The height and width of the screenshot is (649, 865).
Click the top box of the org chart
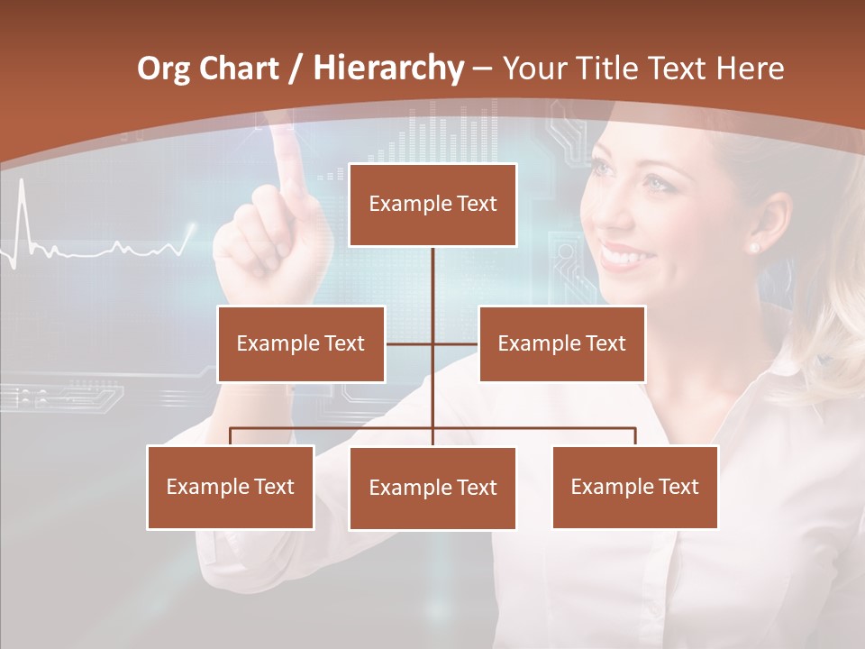[x=432, y=205]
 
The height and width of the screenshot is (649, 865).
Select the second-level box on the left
[x=301, y=343]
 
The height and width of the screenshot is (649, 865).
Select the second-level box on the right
[x=561, y=343]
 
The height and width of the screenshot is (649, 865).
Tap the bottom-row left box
[x=231, y=487]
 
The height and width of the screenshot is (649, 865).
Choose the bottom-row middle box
[x=432, y=488]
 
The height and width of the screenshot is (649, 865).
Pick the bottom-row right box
[x=634, y=487]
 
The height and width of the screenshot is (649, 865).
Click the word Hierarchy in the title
[x=388, y=69]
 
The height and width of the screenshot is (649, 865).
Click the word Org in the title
[x=163, y=69]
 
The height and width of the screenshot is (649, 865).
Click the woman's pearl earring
[x=753, y=246]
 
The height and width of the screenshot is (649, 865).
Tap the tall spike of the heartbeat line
[x=22, y=212]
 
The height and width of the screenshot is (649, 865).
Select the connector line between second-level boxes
[x=432, y=343]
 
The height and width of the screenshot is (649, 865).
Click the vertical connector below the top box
[x=432, y=275]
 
